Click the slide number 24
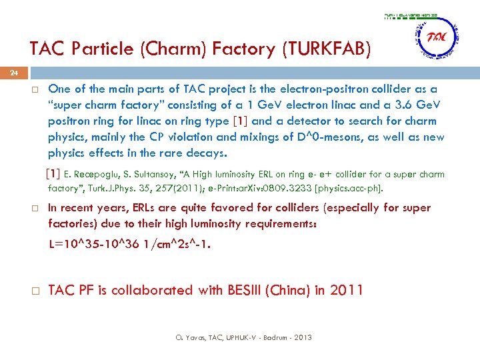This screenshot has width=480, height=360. coord(14,74)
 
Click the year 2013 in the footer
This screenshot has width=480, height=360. coord(302,338)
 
